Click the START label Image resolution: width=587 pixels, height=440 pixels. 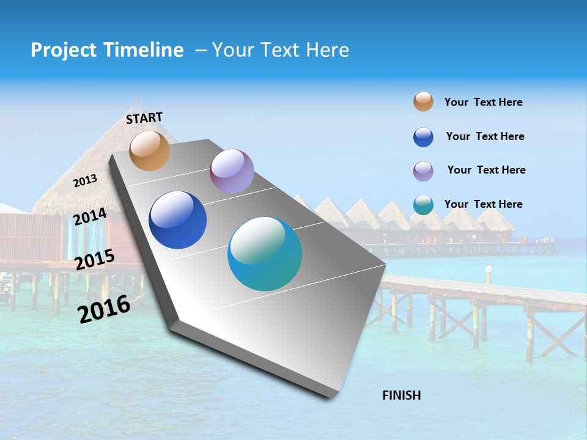[x=144, y=118]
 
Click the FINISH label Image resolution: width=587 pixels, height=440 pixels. [x=401, y=395]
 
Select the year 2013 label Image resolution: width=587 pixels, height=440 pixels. [x=86, y=181]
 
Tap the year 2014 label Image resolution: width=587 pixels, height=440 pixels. [x=90, y=216]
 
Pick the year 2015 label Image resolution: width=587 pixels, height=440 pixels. [x=95, y=260]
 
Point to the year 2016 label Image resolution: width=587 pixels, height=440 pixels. [x=104, y=309]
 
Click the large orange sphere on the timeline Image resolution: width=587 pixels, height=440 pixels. [x=149, y=150]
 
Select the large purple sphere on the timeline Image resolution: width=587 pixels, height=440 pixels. [x=232, y=171]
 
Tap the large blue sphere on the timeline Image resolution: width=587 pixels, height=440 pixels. [x=178, y=220]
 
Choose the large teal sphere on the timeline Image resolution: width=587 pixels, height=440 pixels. [x=265, y=254]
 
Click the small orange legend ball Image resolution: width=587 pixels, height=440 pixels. [x=423, y=102]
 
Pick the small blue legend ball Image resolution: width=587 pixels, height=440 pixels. [x=423, y=137]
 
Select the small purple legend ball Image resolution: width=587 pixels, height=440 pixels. [x=423, y=171]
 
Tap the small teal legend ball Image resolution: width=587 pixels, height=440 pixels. [x=423, y=205]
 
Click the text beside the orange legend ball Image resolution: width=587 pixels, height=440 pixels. [x=483, y=102]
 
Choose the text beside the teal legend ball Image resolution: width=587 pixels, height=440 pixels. [x=483, y=204]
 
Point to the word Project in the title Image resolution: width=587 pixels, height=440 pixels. [x=63, y=50]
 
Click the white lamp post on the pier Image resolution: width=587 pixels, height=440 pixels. [x=489, y=275]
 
